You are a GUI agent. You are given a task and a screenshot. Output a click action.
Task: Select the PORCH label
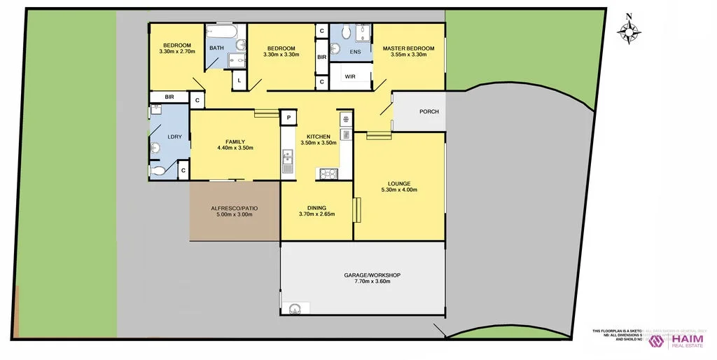(429, 111)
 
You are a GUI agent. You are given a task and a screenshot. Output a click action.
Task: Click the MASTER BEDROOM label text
(408, 48)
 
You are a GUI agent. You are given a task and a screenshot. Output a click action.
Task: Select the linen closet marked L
(239, 81)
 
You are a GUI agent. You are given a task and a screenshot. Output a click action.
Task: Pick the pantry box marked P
(288, 118)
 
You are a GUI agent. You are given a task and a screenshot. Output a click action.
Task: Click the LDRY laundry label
(174, 137)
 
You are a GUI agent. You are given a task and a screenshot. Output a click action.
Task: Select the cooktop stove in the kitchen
(328, 173)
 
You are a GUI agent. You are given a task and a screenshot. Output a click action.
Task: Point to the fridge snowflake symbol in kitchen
(345, 120)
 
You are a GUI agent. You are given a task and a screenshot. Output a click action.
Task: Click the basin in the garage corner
(295, 306)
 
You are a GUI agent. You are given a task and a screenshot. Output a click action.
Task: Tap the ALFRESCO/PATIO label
(235, 208)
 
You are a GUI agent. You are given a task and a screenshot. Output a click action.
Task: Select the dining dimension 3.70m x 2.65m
(316, 214)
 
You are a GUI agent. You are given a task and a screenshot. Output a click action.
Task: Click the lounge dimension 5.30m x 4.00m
(399, 190)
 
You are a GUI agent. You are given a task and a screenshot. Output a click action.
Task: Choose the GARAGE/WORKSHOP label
(372, 275)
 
